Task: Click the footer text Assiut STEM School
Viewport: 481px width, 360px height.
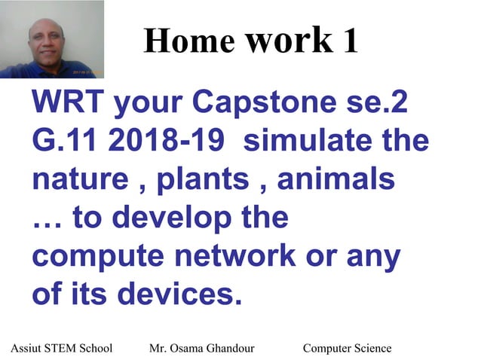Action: (x=62, y=348)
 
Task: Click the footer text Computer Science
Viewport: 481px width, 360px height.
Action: (x=347, y=348)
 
